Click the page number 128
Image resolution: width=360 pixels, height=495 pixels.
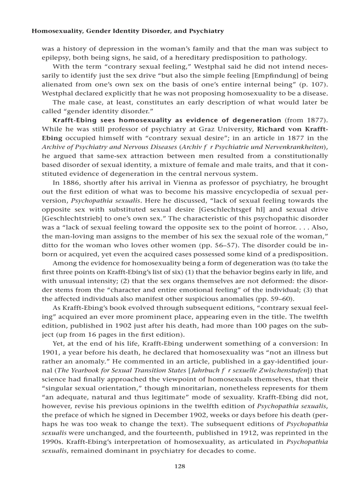pyautogui.click(x=180, y=466)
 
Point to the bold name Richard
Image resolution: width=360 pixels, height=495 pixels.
pyautogui.click(x=272, y=129)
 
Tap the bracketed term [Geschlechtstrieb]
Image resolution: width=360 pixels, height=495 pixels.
pyautogui.click(x=68, y=209)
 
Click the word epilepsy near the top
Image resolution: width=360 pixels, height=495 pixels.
pyautogui.click(x=56, y=57)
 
